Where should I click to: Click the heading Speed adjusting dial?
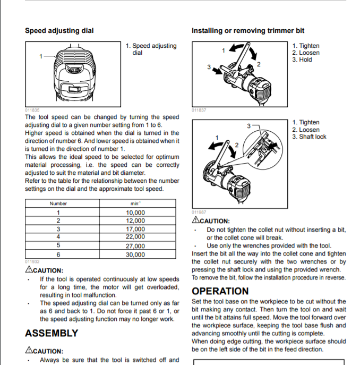click(x=59, y=31)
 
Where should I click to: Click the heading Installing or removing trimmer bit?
click(x=248, y=31)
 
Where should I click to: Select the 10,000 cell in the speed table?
click(x=135, y=213)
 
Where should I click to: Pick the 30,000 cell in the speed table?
click(x=135, y=254)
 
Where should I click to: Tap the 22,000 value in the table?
click(x=135, y=237)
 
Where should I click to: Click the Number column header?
click(x=58, y=203)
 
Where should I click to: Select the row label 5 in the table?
click(x=58, y=246)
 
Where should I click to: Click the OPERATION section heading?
click(x=220, y=291)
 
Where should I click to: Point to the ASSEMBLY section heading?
click(x=52, y=333)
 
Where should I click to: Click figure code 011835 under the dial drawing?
click(x=32, y=110)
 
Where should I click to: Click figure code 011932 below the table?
click(x=32, y=261)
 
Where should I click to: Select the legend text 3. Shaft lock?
click(x=309, y=137)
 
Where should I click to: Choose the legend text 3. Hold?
click(x=302, y=60)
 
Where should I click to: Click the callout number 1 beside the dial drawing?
click(x=41, y=56)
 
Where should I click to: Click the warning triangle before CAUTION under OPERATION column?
click(x=196, y=220)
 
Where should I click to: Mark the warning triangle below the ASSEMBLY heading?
click(x=29, y=351)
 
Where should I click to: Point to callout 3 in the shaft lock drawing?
click(x=248, y=126)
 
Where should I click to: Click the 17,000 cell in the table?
click(x=135, y=229)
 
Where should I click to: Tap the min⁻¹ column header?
click(x=135, y=203)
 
